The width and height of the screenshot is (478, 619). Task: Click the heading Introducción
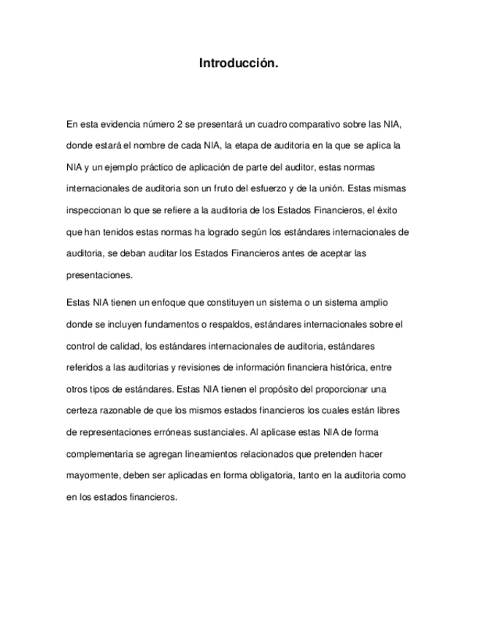tap(239, 64)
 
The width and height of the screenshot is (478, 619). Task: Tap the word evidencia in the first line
tap(119, 124)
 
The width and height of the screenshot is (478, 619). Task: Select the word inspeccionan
tap(94, 210)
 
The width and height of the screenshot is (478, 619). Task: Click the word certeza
tap(82, 410)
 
